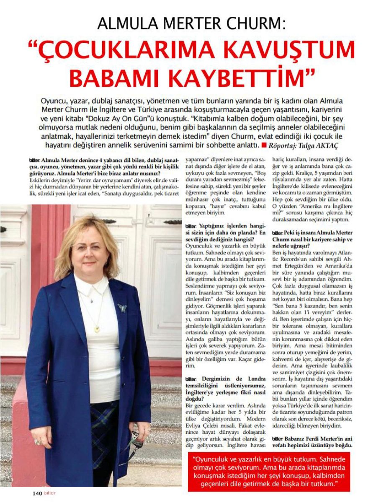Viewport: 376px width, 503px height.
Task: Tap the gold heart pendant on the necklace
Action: [98, 329]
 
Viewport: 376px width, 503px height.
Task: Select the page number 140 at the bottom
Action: [37, 493]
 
